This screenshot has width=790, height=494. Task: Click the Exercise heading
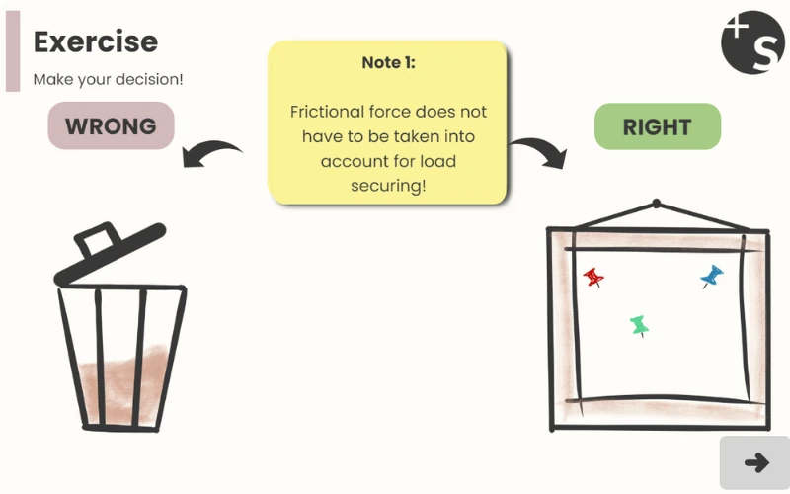click(95, 41)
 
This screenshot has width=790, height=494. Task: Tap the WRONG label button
click(111, 126)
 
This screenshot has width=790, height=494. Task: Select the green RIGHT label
click(657, 126)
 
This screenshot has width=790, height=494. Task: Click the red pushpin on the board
click(593, 277)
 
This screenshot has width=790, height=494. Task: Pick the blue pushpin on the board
click(711, 276)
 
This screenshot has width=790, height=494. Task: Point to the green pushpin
click(639, 324)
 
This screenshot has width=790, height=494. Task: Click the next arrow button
click(755, 462)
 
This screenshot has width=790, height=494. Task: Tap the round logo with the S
click(752, 42)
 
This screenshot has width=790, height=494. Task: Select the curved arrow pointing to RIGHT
click(538, 151)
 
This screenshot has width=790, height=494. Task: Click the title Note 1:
click(388, 62)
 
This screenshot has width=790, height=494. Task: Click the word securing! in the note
click(388, 185)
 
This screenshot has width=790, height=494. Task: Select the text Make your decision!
click(108, 79)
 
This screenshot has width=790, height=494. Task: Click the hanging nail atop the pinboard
click(657, 205)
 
